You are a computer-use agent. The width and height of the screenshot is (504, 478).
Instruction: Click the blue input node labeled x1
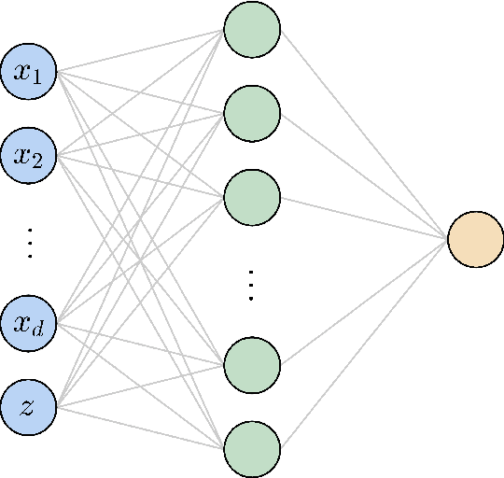(x=29, y=72)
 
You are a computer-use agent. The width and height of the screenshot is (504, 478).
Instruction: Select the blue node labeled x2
(x=29, y=155)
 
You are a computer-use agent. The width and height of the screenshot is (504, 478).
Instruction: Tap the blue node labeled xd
(x=29, y=324)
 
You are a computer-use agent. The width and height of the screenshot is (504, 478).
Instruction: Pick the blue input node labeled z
(x=29, y=407)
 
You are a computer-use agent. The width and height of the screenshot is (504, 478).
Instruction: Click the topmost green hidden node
(x=252, y=29)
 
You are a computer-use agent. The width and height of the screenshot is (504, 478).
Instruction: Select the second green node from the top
(x=252, y=114)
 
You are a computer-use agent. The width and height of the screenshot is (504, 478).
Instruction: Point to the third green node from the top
(x=252, y=197)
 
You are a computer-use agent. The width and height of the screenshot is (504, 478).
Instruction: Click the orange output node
(x=476, y=239)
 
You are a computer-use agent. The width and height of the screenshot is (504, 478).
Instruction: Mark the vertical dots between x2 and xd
(x=29, y=241)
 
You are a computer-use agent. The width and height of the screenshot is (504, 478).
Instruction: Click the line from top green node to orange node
(x=364, y=134)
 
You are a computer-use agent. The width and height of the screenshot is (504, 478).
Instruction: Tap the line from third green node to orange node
(x=364, y=218)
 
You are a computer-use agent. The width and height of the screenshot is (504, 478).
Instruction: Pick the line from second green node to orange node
(x=364, y=176)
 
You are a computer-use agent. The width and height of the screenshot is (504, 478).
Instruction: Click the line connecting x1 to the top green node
(x=140, y=50)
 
